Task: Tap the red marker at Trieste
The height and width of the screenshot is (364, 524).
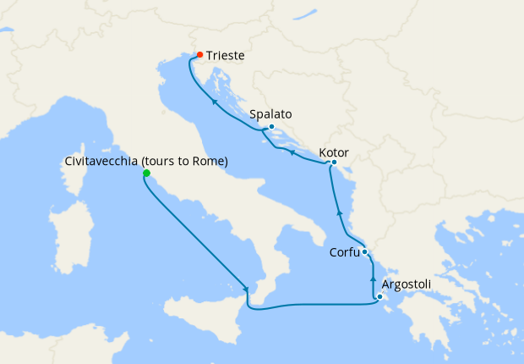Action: click(x=199, y=55)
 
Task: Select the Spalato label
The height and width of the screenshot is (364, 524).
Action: click(x=271, y=113)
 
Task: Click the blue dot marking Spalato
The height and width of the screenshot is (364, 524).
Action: click(x=271, y=127)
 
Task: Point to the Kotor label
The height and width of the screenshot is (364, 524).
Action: click(x=334, y=153)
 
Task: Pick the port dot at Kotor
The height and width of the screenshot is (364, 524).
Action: click(x=335, y=163)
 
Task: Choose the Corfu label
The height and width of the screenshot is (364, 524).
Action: click(x=343, y=252)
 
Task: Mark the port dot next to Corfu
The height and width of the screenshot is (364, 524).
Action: click(x=364, y=252)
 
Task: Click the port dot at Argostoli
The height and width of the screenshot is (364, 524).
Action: click(x=380, y=296)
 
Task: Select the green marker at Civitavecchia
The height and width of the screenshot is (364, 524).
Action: click(x=146, y=174)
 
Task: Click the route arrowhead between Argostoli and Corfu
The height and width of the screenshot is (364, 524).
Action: click(x=373, y=278)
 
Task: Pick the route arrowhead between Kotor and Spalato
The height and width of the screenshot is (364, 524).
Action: click(x=292, y=153)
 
